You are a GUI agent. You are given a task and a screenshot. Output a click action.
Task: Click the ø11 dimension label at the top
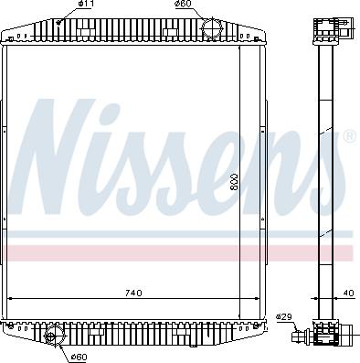pyautogui.click(x=85, y=6)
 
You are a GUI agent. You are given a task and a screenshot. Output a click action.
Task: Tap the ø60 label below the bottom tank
pyautogui.click(x=79, y=356)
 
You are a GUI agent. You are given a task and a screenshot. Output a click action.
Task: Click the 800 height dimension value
pyautogui.click(x=234, y=185)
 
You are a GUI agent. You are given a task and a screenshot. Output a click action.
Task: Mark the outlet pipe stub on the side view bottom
pyautogui.click(x=300, y=336)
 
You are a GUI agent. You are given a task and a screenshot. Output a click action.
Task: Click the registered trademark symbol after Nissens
pyautogui.click(x=348, y=137)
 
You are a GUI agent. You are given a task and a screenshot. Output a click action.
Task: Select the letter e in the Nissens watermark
pyautogui.click(x=243, y=169)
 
